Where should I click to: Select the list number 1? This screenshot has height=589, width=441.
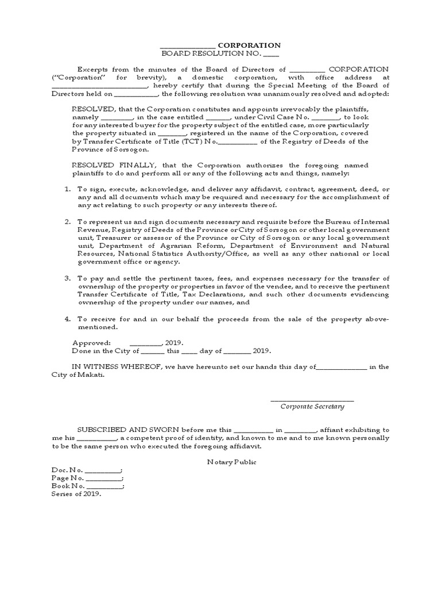[67, 189]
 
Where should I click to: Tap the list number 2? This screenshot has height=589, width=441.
[67, 221]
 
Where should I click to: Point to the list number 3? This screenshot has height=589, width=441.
[67, 278]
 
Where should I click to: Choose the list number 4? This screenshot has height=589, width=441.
[67, 318]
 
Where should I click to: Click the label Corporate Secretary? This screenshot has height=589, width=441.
[312, 406]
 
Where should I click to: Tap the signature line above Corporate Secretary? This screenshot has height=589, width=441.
[312, 399]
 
